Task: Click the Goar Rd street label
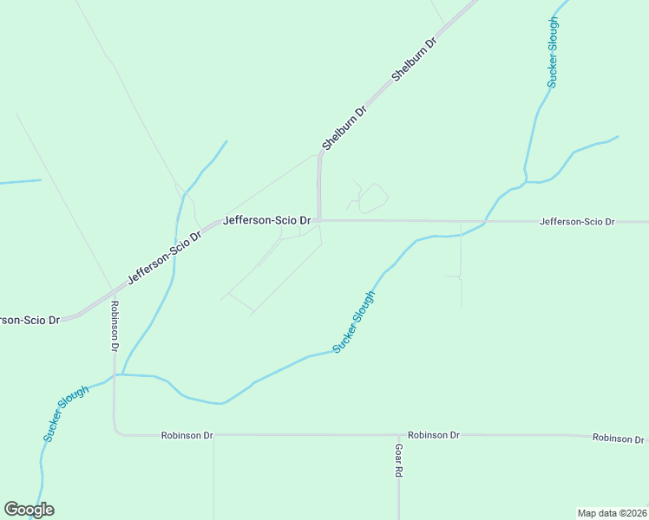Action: [x=399, y=461]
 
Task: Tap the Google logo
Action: [x=29, y=510]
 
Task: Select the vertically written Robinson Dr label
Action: [x=114, y=326]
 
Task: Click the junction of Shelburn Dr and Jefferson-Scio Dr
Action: [x=319, y=220]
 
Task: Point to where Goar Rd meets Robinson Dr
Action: [x=399, y=435]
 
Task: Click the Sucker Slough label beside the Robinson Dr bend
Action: [x=66, y=414]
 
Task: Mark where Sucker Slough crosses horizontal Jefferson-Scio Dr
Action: [x=484, y=222]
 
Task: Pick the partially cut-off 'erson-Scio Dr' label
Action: [x=29, y=320]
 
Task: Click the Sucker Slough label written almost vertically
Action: [x=553, y=52]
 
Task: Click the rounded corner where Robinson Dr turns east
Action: [x=116, y=431]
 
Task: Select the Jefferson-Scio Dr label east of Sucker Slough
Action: [x=577, y=222]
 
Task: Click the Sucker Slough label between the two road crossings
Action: [x=355, y=322]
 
